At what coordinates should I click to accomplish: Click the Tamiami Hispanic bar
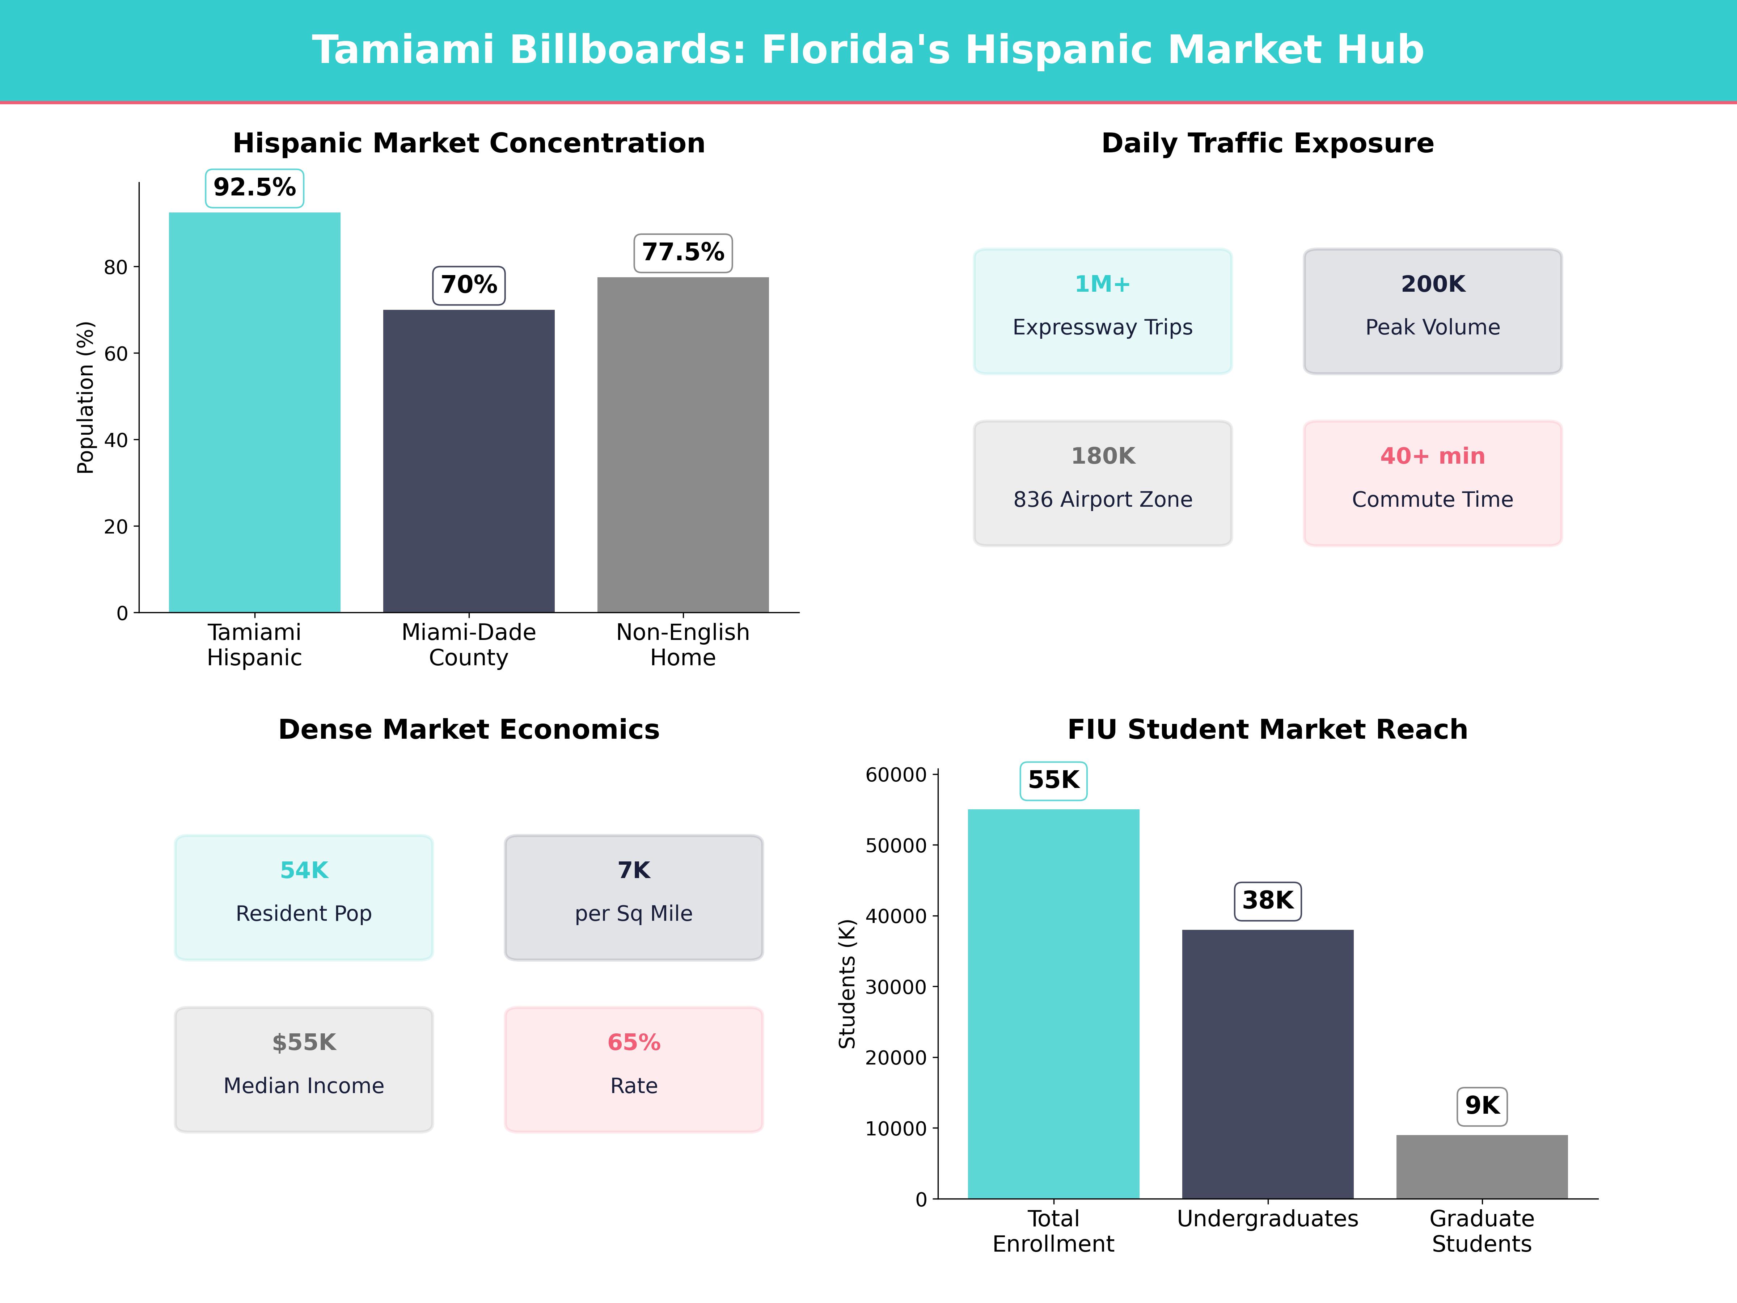254,412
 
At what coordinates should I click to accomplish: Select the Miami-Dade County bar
469,461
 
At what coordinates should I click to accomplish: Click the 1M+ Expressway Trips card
1103,311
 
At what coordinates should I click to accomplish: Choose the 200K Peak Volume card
1432,311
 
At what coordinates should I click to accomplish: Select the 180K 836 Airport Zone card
1103,483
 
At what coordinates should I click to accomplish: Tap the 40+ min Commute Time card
1432,483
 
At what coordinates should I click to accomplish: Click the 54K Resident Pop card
304,897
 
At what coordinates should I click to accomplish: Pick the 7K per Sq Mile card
634,897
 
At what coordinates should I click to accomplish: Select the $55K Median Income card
304,1069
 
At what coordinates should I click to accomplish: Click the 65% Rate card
634,1069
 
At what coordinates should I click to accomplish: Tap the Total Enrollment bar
1053,1004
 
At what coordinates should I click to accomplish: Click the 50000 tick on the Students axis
896,846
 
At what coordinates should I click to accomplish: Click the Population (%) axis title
86,397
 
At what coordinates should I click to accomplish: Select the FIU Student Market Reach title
1267,730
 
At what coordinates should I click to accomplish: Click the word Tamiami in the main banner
402,50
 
